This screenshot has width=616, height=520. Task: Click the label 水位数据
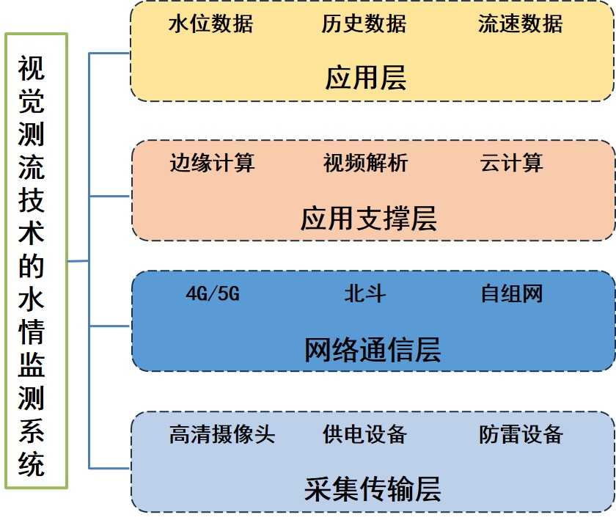(210, 24)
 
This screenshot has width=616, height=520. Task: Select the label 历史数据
(364, 24)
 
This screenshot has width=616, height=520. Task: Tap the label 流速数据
(520, 24)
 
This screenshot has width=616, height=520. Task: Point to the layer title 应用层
(366, 78)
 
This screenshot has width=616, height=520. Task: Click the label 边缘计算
(212, 163)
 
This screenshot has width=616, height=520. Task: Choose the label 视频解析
(365, 163)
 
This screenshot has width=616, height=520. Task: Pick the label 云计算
(512, 163)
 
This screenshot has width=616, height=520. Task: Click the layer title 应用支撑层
(368, 219)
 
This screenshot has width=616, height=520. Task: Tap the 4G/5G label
(213, 295)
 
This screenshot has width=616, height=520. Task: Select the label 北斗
(364, 295)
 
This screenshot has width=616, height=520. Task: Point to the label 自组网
(512, 295)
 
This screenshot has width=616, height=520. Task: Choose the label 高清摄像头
(222, 434)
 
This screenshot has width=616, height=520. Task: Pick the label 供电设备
(364, 434)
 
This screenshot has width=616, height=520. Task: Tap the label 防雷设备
(521, 434)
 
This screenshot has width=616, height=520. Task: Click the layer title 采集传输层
(373, 490)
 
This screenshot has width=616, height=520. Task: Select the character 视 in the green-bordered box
(32, 70)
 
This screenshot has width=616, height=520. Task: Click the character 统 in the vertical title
(32, 464)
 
